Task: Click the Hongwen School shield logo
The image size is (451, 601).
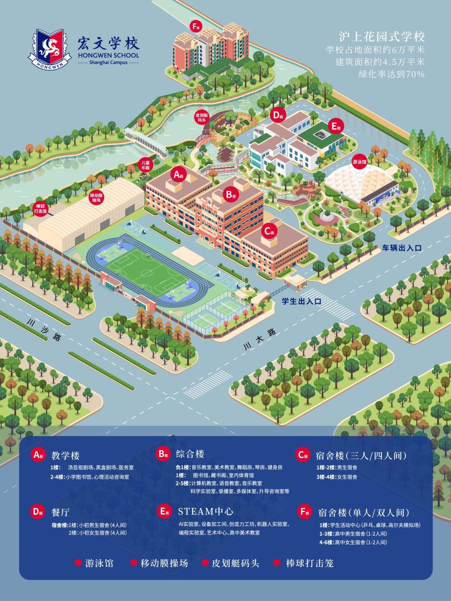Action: point(50,48)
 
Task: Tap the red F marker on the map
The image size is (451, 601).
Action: point(195,26)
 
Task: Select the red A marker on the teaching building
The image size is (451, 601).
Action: point(178,174)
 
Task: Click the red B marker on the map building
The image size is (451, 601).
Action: point(231,194)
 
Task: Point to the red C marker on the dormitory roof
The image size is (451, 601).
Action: point(269,231)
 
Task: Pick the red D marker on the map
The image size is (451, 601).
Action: point(278,115)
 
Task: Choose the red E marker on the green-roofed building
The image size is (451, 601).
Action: point(335,126)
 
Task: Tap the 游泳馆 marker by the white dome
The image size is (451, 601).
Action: point(359,162)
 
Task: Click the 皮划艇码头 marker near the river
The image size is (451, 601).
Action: point(202,118)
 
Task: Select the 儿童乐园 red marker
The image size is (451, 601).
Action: point(145,165)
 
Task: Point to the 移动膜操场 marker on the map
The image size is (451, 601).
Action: point(96,197)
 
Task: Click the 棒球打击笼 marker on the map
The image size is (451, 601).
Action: point(41,209)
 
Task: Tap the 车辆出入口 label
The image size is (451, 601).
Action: point(401,248)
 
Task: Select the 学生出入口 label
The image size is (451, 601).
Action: point(301,301)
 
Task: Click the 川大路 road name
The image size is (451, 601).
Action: point(259,339)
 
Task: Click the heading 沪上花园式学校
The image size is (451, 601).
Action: point(382,37)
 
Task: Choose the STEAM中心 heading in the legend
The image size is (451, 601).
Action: point(205,512)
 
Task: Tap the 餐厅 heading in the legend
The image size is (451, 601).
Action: point(61,512)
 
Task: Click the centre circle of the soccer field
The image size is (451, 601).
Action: point(147,273)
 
